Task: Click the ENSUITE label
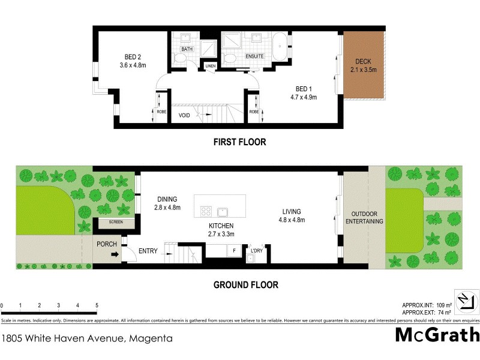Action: pyautogui.click(x=254, y=56)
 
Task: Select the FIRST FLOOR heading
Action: pyautogui.click(x=239, y=142)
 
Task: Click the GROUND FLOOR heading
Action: pyautogui.click(x=246, y=285)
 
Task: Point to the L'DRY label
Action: pyautogui.click(x=257, y=250)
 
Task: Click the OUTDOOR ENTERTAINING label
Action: pyautogui.click(x=364, y=217)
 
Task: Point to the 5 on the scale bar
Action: pyautogui.click(x=96, y=305)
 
